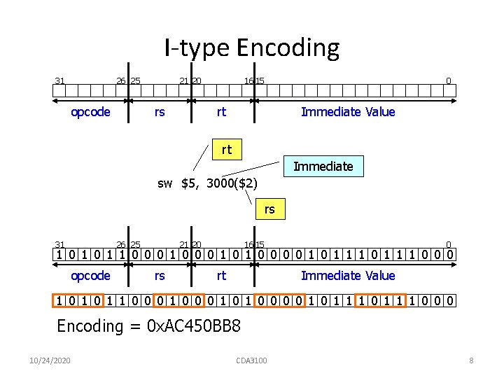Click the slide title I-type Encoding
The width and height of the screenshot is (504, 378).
tap(252, 48)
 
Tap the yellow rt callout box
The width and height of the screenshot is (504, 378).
tap(226, 149)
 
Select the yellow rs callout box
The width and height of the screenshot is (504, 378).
tap(269, 209)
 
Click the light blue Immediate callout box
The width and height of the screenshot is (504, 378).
tap(323, 166)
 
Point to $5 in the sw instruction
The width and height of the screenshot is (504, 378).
tap(188, 184)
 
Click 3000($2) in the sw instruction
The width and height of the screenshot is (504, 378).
tap(231, 184)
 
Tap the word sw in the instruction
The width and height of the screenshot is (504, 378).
tap(164, 184)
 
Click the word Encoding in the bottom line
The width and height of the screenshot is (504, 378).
tap(89, 327)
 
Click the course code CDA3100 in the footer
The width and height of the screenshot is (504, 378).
tap(252, 360)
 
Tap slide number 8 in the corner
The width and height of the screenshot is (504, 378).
tap(471, 360)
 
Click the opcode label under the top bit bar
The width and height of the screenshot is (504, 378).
tap(90, 112)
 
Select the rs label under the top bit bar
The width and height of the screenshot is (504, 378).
tap(160, 112)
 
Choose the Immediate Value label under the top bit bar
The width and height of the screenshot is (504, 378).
tap(348, 112)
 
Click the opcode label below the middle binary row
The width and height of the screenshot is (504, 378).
tap(90, 276)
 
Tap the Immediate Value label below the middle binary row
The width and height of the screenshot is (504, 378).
tap(348, 276)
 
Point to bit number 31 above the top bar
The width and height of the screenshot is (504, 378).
tap(60, 80)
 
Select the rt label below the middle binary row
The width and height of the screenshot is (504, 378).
tap(221, 276)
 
